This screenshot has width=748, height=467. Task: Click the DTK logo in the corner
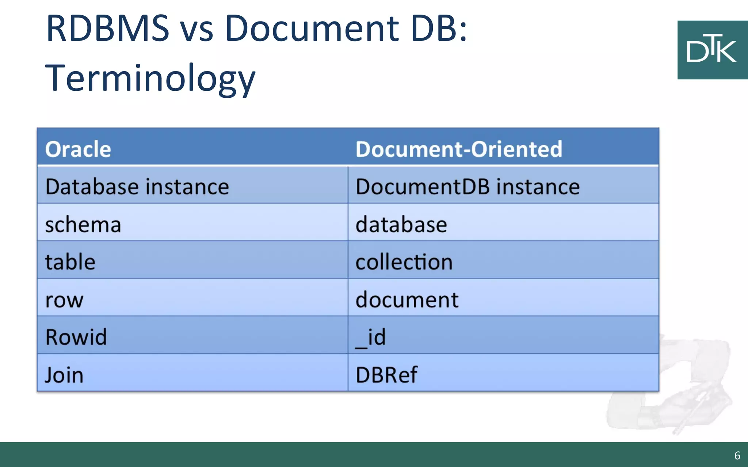coord(712,50)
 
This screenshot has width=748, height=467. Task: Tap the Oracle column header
coord(78,149)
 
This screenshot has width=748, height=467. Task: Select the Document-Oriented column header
coord(459,149)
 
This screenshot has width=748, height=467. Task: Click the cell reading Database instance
coord(137,187)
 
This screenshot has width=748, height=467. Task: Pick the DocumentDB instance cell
coord(467,187)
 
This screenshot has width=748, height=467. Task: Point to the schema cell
coord(83,224)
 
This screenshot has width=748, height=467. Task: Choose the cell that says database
coord(401,224)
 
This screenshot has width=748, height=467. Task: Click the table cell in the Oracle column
coord(70,262)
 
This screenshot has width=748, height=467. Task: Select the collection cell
coord(404,262)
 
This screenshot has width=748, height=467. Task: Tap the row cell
coord(64,300)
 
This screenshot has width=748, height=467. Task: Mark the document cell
coord(407,300)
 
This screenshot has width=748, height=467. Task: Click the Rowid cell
coord(76,337)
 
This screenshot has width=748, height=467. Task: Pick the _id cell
coord(370,337)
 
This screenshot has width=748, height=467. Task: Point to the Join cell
coord(64,375)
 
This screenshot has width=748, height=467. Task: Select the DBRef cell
coord(386,375)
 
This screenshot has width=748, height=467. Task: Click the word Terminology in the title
coord(150,78)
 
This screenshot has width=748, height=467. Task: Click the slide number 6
coord(737,456)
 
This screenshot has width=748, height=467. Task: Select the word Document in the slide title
coord(312,28)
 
